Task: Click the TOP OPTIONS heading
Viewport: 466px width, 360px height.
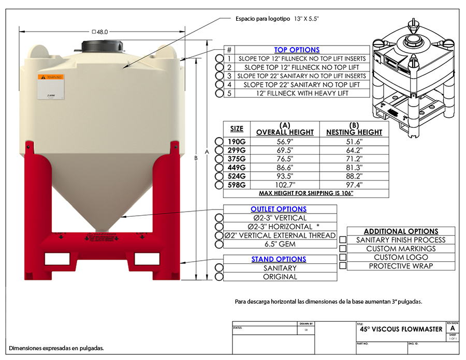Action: [297, 50]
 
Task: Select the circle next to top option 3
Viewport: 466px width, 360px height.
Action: [220, 76]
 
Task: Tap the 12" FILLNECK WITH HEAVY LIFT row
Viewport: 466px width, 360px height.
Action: [301, 93]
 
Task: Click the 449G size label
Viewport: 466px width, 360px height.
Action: [237, 168]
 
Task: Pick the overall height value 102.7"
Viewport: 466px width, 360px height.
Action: [284, 185]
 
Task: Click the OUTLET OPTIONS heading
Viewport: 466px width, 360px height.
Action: [279, 209]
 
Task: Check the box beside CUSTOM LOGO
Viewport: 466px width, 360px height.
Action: [342, 257]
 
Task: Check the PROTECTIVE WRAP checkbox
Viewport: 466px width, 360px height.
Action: [342, 266]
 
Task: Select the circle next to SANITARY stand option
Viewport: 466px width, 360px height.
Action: [220, 268]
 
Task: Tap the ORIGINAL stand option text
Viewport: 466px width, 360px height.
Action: [280, 277]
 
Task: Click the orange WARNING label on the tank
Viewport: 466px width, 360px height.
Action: [51, 78]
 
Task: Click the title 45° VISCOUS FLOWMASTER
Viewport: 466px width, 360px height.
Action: [401, 329]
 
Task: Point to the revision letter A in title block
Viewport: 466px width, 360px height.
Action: [453, 328]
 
